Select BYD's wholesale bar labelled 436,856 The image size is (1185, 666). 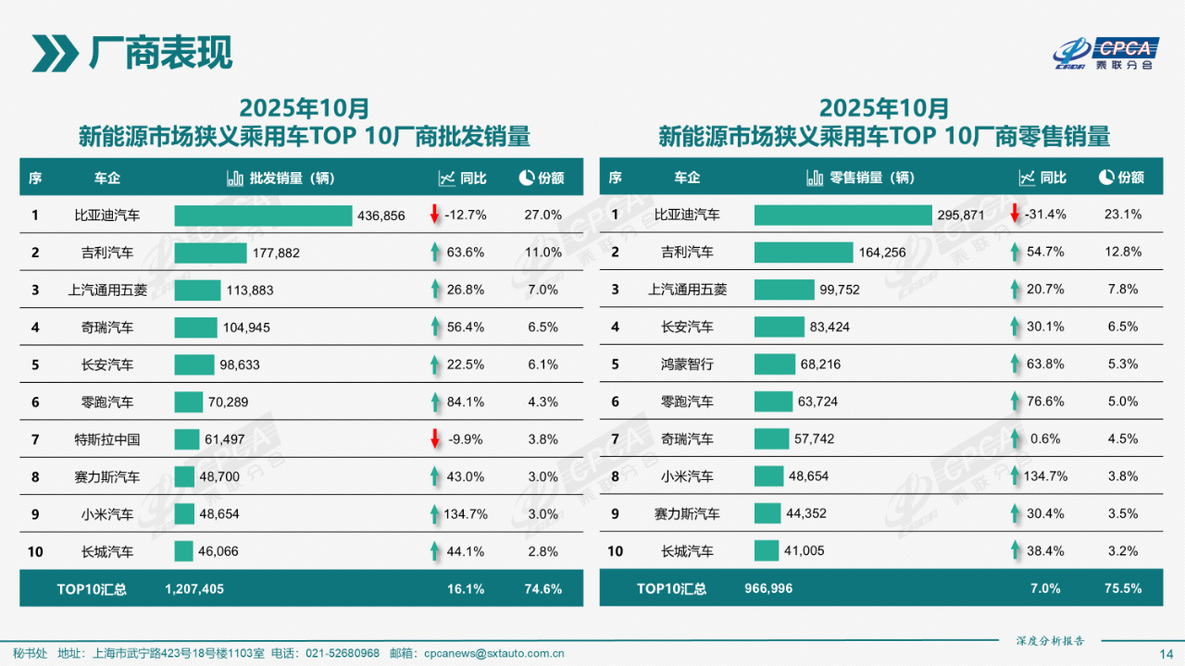(x=263, y=216)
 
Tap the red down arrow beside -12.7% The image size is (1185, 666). (x=434, y=215)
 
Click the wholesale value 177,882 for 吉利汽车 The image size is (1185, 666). (x=275, y=253)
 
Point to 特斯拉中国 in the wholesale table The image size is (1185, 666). (x=107, y=439)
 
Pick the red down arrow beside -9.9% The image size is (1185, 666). (x=434, y=439)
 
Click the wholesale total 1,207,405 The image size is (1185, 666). (x=194, y=588)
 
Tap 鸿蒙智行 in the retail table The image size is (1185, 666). (x=688, y=364)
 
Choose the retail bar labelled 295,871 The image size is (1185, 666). (x=842, y=215)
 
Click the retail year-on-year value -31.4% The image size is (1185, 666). (x=1045, y=215)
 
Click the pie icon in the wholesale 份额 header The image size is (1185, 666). (x=526, y=178)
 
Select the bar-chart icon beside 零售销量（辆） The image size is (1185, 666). (x=815, y=178)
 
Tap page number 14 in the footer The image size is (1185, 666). (x=1166, y=654)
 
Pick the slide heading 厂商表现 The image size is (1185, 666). (x=159, y=53)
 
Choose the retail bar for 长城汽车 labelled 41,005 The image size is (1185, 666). (x=767, y=551)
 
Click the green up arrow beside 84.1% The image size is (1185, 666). (x=434, y=402)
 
